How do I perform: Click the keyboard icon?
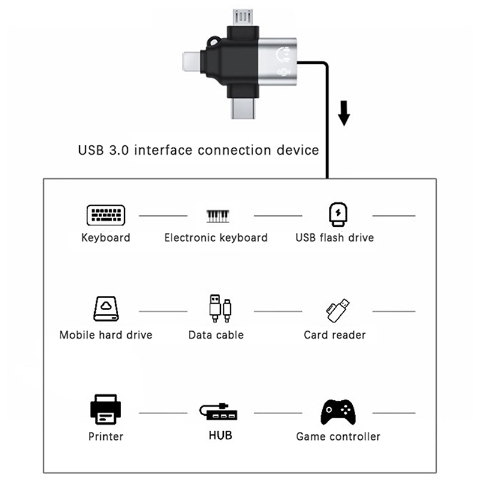coord(106,215)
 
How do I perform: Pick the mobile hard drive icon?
coord(106,310)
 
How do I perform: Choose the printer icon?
coord(106,410)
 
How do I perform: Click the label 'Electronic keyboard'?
coord(216,238)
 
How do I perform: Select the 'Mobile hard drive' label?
coord(106,335)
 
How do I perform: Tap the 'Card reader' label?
coord(335,335)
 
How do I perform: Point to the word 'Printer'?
coord(106,436)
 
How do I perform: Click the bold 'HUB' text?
coord(220,435)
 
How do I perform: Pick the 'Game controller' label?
coord(338,436)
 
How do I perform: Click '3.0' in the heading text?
coord(117,149)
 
